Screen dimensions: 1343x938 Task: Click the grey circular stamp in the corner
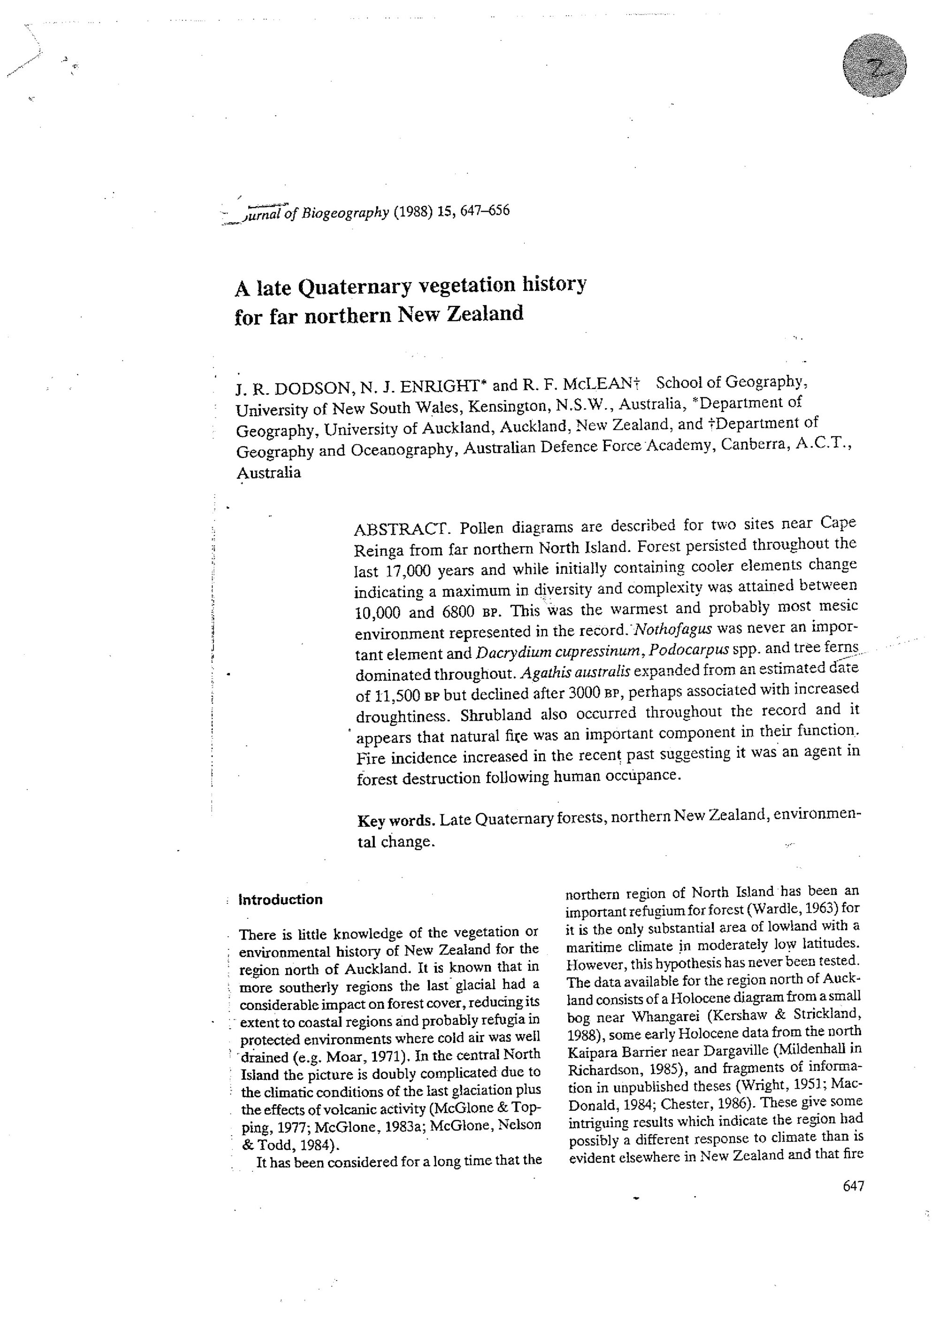tap(874, 66)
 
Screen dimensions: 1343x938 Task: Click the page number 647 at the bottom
tap(853, 1186)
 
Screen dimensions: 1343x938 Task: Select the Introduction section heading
tap(280, 900)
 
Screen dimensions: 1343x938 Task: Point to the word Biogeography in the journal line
tap(345, 213)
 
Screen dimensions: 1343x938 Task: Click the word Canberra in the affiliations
tap(753, 444)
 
